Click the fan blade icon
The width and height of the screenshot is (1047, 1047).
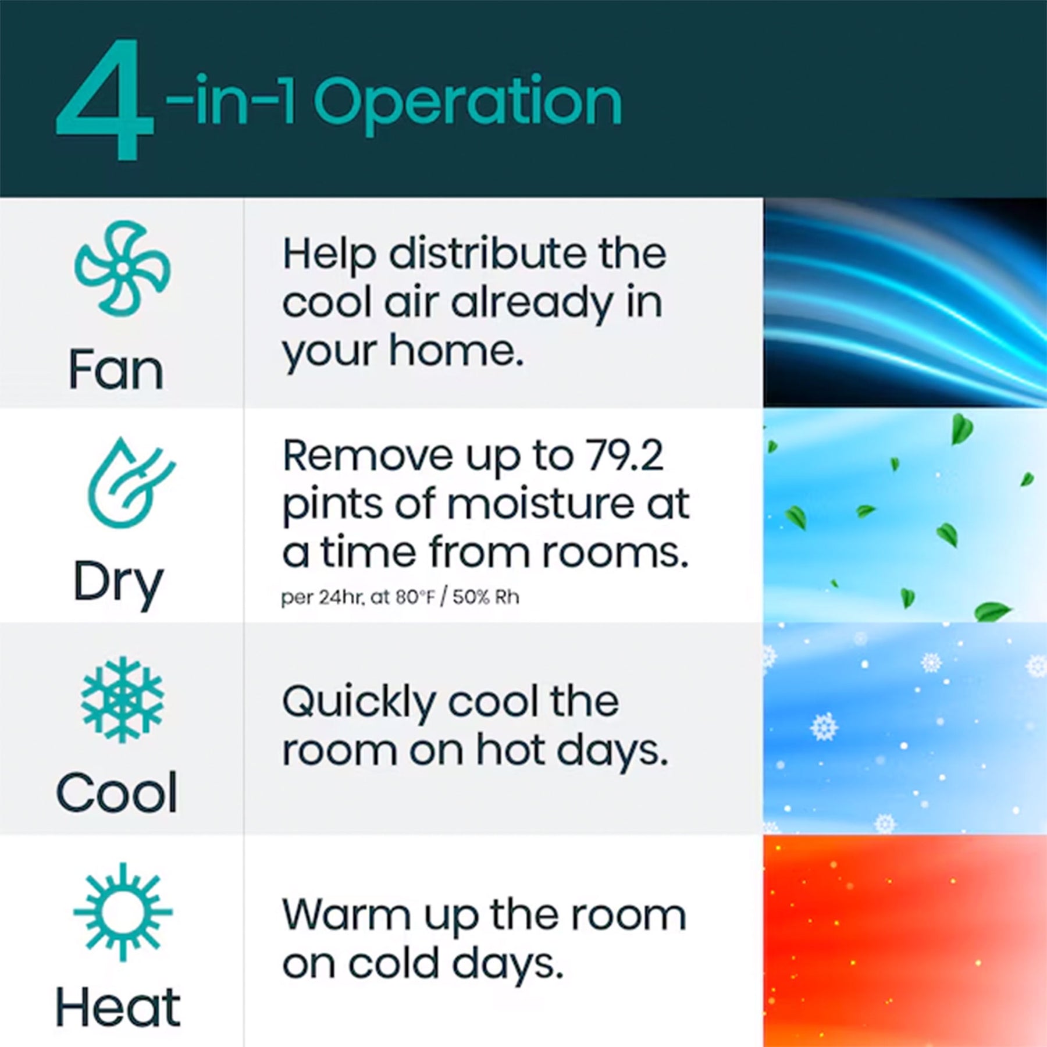[x=122, y=268]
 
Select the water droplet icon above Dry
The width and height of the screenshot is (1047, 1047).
[x=129, y=483]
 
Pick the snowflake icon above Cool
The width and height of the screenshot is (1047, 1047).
[x=122, y=700]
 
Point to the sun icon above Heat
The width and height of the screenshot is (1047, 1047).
[x=123, y=911]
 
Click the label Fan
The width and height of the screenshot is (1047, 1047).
[x=116, y=370]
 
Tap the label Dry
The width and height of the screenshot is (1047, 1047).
[x=118, y=583]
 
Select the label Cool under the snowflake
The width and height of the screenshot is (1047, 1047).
[x=116, y=792]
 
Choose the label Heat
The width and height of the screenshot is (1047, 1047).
[x=117, y=1007]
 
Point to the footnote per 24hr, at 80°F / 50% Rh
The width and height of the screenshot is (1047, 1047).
[x=400, y=597]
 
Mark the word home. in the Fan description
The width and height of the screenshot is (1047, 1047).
[x=456, y=351]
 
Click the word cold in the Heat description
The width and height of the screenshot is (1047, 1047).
[x=396, y=964]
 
